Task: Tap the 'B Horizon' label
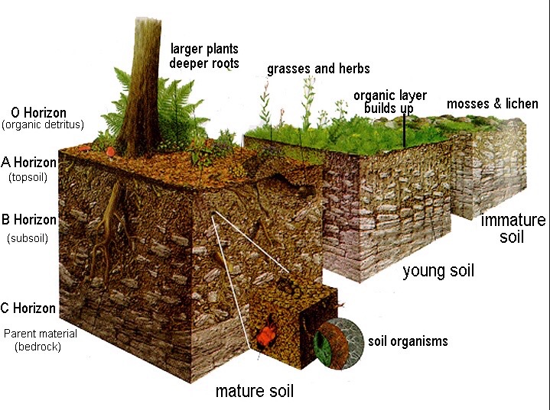click(x=30, y=220)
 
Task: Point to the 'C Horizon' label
click(x=29, y=308)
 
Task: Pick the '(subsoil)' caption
click(x=28, y=237)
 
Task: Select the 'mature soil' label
click(x=254, y=392)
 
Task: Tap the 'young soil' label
click(x=438, y=270)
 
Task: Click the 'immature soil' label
click(x=513, y=228)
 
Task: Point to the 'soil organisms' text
click(x=408, y=341)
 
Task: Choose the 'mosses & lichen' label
click(x=493, y=104)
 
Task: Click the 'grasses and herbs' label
click(x=318, y=69)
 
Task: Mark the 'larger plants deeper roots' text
click(x=204, y=56)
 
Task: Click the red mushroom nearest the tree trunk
click(x=112, y=150)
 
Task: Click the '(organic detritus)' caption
click(x=43, y=124)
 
